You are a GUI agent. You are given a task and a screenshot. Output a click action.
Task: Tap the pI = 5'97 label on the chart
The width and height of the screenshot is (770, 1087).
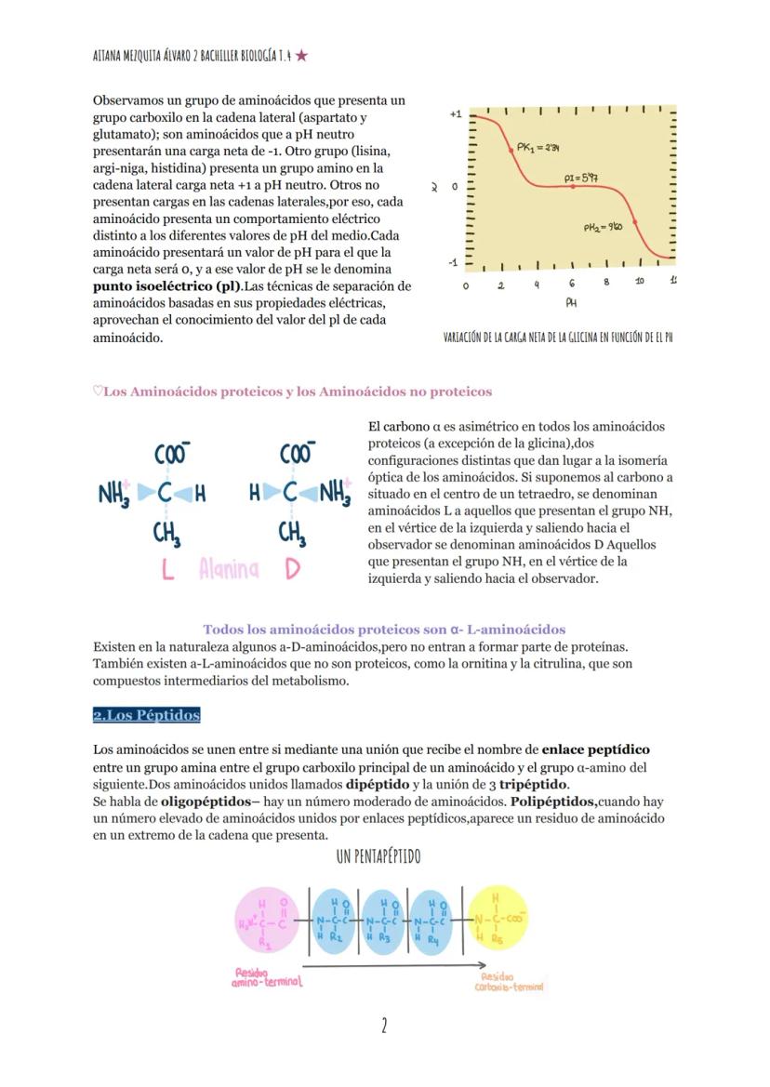click(580, 177)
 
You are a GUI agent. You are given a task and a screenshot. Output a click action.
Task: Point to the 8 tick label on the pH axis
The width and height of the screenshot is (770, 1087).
click(606, 282)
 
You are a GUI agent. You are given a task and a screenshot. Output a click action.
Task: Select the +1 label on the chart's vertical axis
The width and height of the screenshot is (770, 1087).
click(455, 113)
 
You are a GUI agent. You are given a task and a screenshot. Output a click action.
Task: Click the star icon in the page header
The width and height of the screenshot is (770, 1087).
click(301, 56)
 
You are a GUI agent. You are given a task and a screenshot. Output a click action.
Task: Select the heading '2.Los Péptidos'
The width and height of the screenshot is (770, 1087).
click(146, 715)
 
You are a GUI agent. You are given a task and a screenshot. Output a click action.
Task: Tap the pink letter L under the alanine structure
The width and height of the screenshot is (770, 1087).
click(167, 569)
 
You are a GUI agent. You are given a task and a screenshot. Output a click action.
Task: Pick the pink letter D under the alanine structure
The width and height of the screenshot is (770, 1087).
click(292, 569)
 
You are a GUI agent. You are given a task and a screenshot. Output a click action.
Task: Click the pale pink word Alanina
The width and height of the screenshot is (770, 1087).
click(229, 569)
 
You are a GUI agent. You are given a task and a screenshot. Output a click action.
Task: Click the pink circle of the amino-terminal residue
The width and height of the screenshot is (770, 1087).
click(268, 921)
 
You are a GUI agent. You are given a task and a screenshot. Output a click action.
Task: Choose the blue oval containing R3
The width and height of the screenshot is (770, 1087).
click(381, 921)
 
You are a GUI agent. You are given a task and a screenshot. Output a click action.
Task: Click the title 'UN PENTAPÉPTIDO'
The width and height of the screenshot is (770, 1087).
click(378, 855)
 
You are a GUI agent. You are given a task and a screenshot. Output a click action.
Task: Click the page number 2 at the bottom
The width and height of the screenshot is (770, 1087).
click(384, 1026)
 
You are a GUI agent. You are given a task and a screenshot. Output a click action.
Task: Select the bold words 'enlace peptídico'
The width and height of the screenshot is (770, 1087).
click(595, 749)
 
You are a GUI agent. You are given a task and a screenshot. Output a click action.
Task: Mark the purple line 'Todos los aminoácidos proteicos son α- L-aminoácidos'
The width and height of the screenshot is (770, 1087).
click(384, 630)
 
